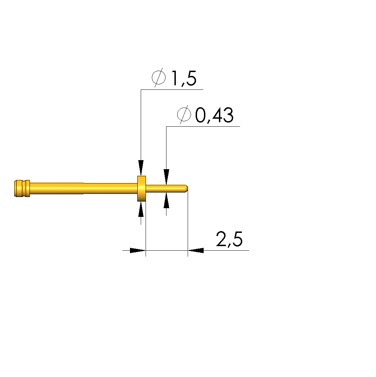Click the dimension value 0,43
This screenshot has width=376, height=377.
coord(214,115)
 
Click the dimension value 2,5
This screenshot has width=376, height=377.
coord(229,239)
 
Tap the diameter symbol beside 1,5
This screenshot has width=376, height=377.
coord(158,77)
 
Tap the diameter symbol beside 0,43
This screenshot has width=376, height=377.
coord(184,115)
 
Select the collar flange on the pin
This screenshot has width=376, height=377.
coord(141,189)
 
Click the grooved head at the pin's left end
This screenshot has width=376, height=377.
coord(22,189)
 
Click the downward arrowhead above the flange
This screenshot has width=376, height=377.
coord(141,167)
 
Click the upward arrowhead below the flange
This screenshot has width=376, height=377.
coord(141,210)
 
